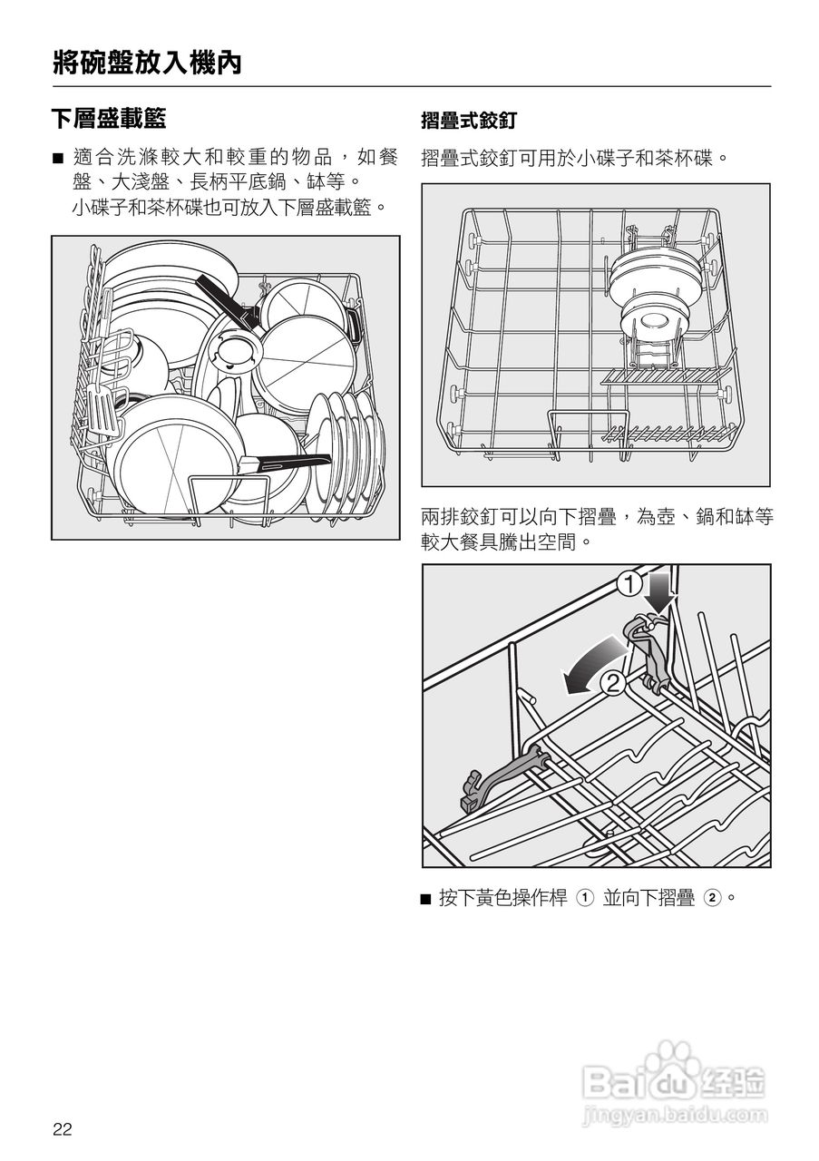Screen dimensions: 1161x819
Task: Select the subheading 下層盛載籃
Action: coord(109,118)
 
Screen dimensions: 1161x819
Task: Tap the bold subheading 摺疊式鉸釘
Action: coord(468,120)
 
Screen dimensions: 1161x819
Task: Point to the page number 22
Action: coord(62,1129)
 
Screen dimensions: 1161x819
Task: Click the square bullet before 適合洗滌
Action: coord(58,160)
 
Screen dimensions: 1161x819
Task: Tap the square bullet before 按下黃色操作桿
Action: coord(426,899)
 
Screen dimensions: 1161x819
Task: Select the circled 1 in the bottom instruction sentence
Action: coord(585,899)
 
